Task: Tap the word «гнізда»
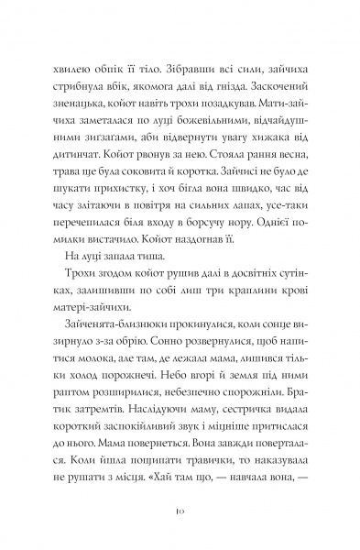click(247, 90)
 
